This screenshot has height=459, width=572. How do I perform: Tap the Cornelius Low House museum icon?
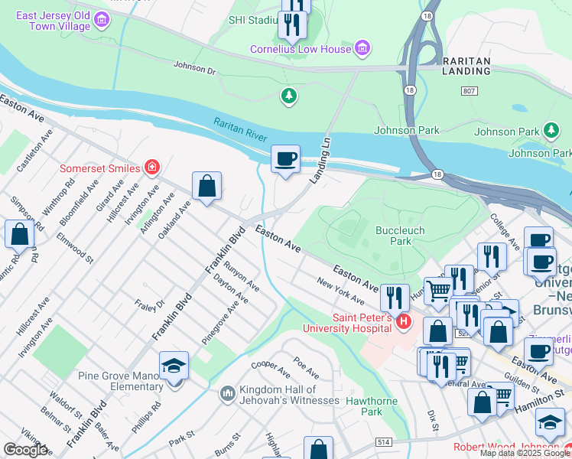362,50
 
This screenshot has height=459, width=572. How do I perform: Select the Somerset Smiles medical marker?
152,168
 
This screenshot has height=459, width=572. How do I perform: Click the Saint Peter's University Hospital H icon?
404,322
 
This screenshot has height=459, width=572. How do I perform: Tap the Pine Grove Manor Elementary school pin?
174,366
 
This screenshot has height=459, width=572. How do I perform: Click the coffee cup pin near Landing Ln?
285,159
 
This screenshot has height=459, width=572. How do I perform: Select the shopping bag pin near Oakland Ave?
206,186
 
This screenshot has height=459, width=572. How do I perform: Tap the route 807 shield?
470,91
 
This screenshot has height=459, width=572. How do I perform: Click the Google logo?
24,450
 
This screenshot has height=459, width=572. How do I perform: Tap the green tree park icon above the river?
288,96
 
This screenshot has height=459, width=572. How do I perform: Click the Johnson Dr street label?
195,67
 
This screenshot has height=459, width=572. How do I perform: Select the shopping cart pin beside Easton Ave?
437,290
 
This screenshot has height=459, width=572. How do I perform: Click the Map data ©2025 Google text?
524,453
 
